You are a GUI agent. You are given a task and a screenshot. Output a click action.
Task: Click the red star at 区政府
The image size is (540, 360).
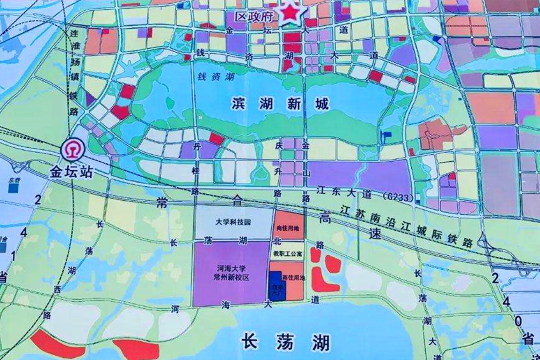click(x=291, y=14)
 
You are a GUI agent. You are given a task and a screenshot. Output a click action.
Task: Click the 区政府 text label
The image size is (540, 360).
click(x=254, y=16)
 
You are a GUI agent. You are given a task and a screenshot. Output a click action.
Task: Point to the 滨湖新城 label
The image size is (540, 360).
click(x=280, y=104)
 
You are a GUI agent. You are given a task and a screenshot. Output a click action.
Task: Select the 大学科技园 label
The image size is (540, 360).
click(x=233, y=222)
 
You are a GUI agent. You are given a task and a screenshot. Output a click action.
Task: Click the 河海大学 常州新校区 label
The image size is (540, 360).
click(x=231, y=273)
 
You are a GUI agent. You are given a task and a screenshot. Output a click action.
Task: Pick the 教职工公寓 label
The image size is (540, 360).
click(x=288, y=254)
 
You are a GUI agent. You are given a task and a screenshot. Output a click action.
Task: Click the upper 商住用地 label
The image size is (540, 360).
click(x=288, y=228)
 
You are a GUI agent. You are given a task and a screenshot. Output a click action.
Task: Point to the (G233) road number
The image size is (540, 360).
click(x=397, y=197)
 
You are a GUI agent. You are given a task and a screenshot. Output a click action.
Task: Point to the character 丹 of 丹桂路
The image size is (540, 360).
click(x=197, y=147)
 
